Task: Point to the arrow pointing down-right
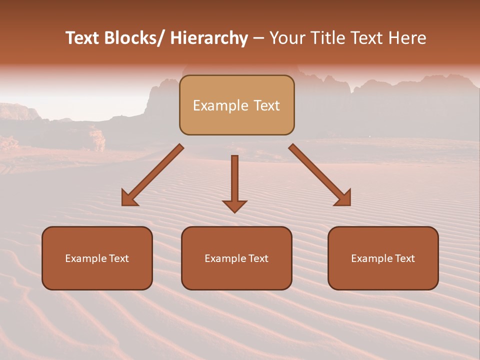[320, 175]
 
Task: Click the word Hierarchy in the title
[209, 38]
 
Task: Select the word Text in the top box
[266, 105]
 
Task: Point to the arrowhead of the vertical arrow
[234, 206]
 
